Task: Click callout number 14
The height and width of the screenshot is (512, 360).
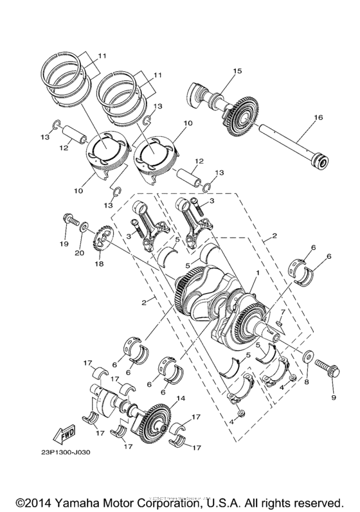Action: [x=181, y=399]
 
